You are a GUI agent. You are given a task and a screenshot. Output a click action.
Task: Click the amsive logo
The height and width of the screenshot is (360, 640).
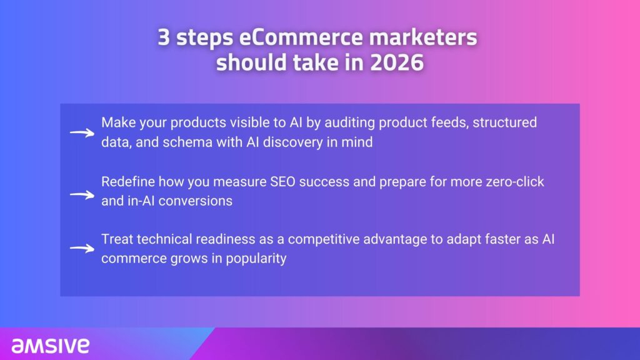tap(50, 345)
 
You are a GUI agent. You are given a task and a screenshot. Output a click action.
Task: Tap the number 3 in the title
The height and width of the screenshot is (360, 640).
tap(164, 37)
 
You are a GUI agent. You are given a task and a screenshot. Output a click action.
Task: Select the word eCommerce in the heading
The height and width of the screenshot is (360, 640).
tap(301, 37)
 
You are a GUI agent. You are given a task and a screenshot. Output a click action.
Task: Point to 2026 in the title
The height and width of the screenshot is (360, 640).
tap(397, 62)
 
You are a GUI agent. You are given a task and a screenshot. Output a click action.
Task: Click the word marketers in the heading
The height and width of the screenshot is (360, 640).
tap(423, 37)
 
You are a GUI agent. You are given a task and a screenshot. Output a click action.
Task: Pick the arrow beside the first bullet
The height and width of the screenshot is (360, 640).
tap(82, 132)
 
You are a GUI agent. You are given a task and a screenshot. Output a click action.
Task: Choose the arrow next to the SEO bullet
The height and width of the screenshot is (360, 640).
tap(82, 195)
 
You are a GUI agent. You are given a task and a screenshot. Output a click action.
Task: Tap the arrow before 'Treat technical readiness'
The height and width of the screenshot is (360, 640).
tap(82, 248)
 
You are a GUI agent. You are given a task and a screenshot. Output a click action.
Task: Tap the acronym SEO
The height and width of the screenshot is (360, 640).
tap(282, 181)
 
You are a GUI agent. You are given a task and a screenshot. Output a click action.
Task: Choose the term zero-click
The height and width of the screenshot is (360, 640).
tap(515, 181)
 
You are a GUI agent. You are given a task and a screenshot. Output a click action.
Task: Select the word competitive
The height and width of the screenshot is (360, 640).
tap(324, 239)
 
